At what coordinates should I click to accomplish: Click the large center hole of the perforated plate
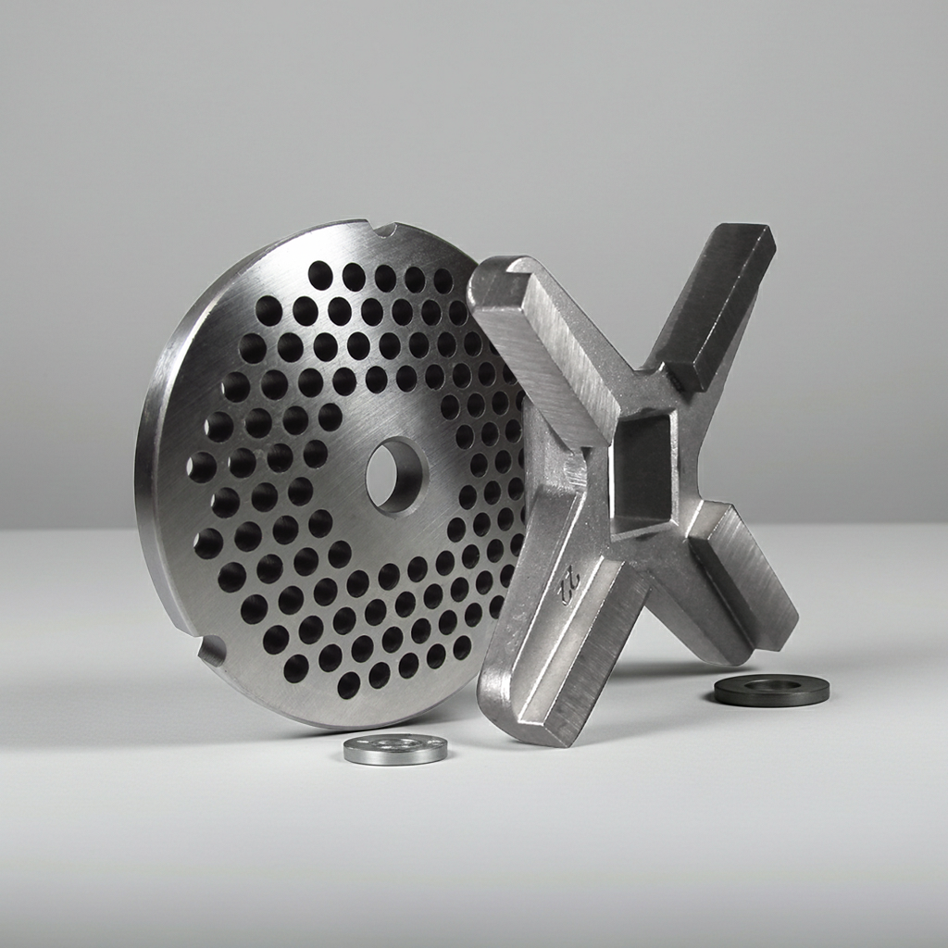click(395, 475)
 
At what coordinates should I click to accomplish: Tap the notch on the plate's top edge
click(386, 229)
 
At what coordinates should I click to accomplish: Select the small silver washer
click(395, 748)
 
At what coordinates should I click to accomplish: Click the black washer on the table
click(771, 690)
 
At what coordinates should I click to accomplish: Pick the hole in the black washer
click(772, 685)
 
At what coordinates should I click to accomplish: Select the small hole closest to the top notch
click(353, 275)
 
